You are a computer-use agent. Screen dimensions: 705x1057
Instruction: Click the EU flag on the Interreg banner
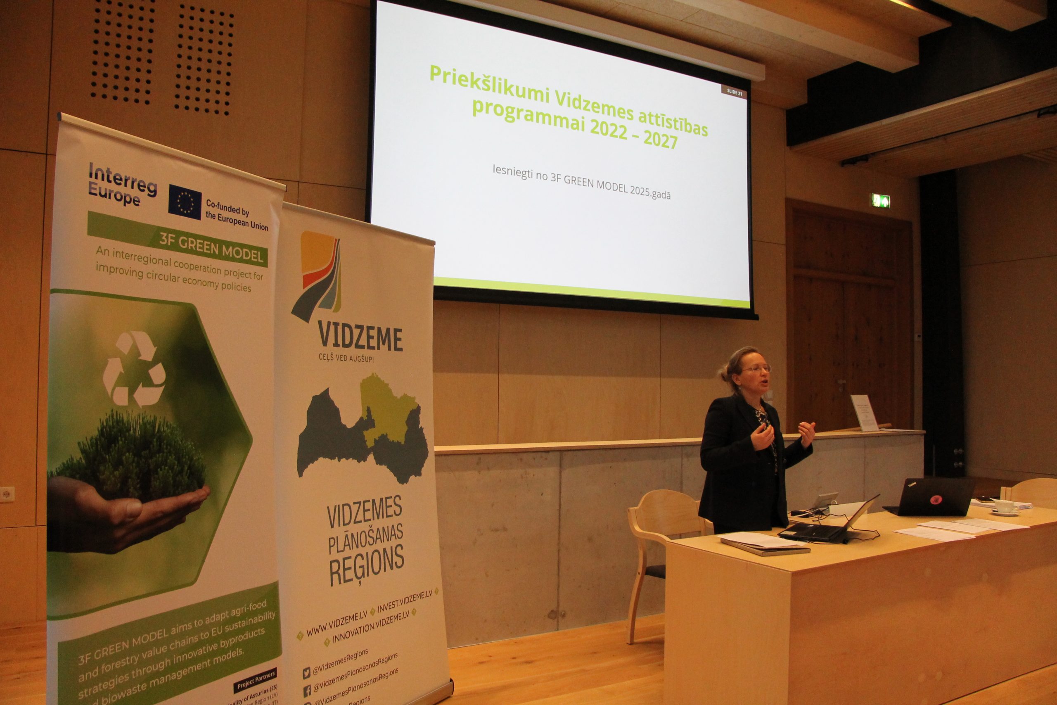point(185,202)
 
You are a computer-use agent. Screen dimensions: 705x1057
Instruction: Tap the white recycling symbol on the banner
point(134,369)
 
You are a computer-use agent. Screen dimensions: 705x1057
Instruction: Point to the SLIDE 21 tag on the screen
point(735,93)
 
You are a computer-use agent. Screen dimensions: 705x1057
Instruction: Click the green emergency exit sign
point(881,201)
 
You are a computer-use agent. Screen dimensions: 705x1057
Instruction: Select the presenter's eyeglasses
point(756,369)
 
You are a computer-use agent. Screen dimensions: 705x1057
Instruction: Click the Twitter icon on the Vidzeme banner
point(306,673)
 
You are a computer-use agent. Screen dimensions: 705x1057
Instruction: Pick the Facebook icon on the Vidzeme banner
point(307,691)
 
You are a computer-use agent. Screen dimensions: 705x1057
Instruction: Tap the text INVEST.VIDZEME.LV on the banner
point(405,601)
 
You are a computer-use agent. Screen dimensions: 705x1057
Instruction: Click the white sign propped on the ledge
point(864,412)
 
